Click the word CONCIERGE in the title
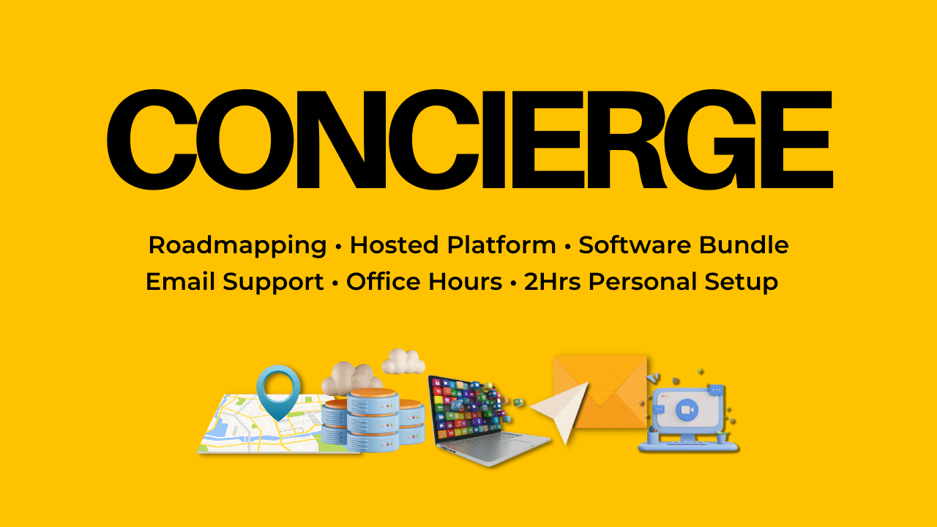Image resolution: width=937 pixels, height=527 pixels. [x=468, y=139]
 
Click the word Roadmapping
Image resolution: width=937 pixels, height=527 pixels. [x=237, y=246]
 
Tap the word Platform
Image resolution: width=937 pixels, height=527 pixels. [x=499, y=246]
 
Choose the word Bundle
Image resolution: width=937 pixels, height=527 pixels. [x=744, y=245]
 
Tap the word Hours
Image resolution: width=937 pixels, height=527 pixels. [x=465, y=282]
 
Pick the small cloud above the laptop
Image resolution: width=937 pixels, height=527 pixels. [x=403, y=361]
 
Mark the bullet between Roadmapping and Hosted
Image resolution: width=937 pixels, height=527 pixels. [x=338, y=247]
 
